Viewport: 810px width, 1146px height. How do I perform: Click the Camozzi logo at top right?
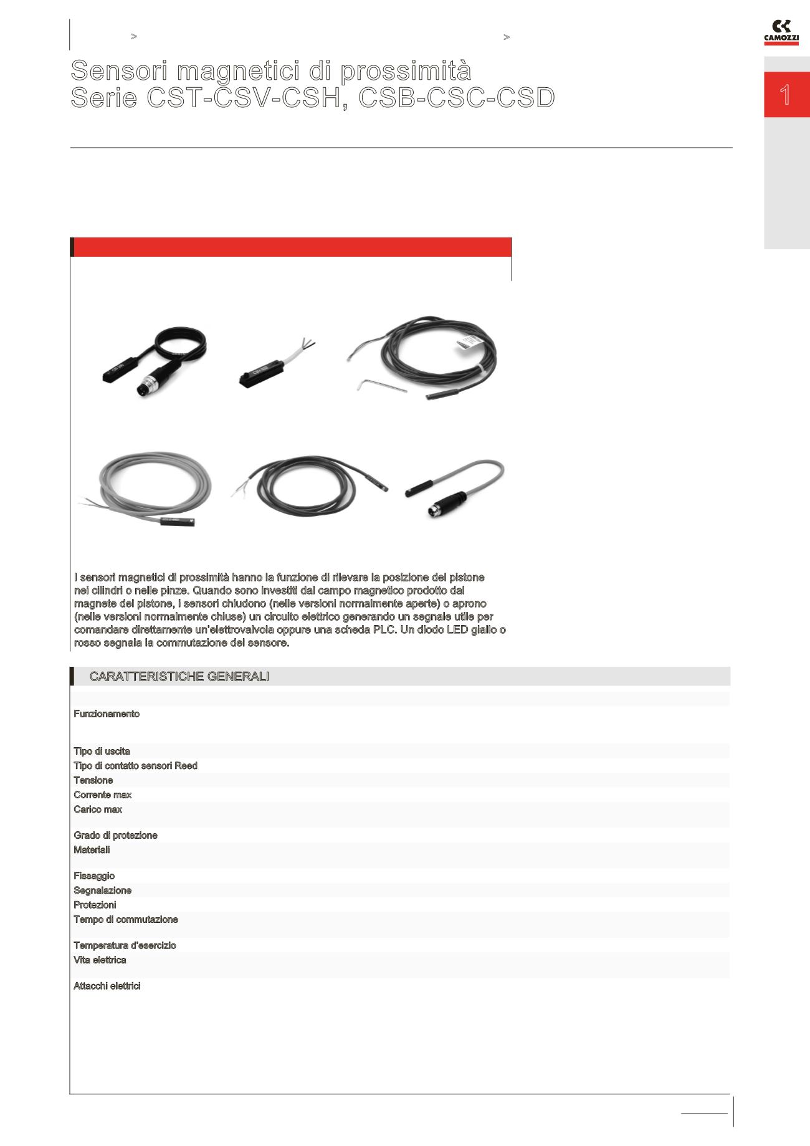point(781,32)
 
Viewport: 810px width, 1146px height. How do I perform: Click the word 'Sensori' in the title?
point(118,71)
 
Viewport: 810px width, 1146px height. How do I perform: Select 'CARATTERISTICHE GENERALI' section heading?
point(179,677)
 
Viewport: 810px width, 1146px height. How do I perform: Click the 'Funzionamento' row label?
point(107,714)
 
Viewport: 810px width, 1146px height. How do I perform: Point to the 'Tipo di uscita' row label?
point(102,752)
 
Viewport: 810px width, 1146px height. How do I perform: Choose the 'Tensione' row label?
point(93,781)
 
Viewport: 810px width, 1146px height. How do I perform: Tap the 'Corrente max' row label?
point(103,795)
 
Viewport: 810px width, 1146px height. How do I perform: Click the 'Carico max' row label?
point(98,809)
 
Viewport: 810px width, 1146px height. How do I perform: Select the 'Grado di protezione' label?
point(115,836)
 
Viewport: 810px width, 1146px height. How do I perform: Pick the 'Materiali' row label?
point(92,850)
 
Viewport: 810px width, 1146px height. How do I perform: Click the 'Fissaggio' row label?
point(94,876)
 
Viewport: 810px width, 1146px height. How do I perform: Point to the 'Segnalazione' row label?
point(102,891)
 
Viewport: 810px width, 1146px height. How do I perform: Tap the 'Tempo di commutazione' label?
point(126,920)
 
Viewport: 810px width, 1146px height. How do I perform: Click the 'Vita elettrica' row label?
point(100,960)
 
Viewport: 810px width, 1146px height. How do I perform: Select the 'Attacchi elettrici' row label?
point(107,986)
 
